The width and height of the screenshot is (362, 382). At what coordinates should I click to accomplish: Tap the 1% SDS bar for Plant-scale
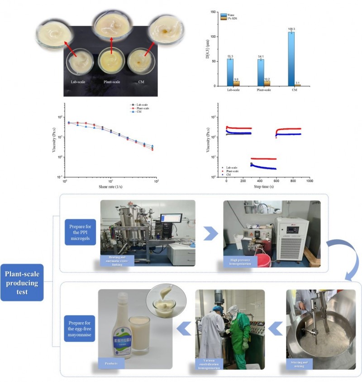tap(267, 83)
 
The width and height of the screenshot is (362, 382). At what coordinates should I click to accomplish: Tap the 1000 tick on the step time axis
tap(310, 181)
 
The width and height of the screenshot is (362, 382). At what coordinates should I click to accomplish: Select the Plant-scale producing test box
tap(22, 282)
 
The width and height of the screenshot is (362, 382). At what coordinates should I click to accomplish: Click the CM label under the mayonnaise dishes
tap(137, 82)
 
